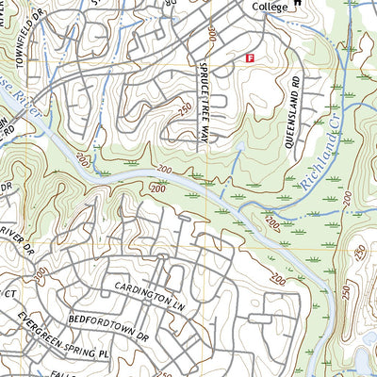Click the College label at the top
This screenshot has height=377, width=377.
pyautogui.click(x=269, y=7)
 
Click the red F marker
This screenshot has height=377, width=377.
pyautogui.click(x=250, y=57)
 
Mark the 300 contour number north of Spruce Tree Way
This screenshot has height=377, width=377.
pyautogui.click(x=209, y=38)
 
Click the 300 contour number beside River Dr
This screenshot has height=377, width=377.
pyautogui.click(x=41, y=273)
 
